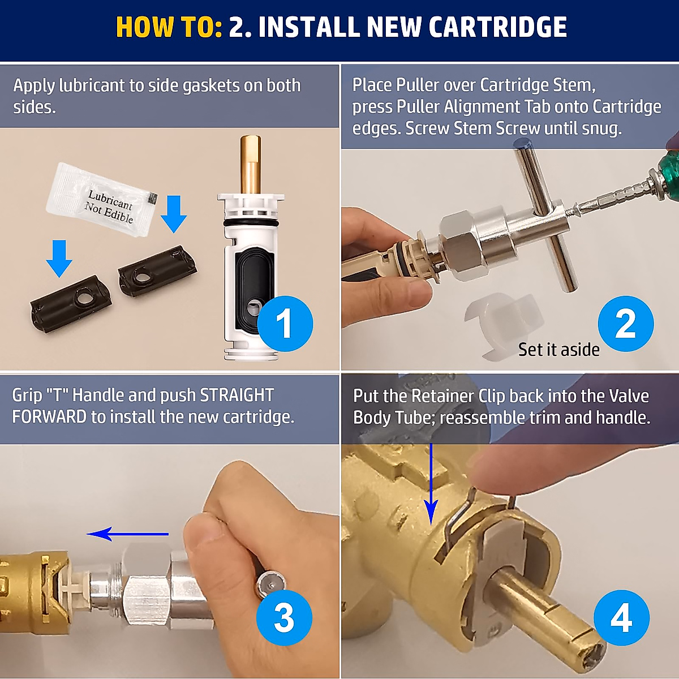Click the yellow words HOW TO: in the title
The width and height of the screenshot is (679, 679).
169,27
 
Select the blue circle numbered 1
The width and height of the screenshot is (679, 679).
285,324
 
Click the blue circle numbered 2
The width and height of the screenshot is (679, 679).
626,324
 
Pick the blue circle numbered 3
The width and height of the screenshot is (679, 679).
284,618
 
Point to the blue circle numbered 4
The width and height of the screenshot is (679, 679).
621,618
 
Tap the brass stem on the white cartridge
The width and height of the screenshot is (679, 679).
251,164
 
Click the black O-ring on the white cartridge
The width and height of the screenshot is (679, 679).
251,225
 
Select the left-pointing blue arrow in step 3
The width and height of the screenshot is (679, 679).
127,534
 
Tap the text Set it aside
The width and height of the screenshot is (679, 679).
559,350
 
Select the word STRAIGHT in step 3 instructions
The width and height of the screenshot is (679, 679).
237,395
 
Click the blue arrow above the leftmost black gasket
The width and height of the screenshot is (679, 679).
59,258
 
